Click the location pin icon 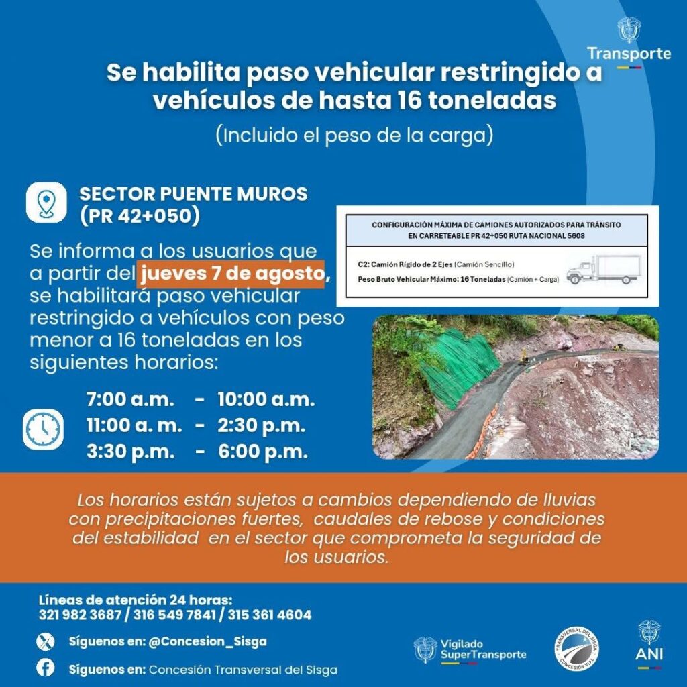[46, 202]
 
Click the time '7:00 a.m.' [130, 399]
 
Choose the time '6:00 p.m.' [263, 452]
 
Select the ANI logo [649, 644]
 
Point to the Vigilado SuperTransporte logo [470, 649]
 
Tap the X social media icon [45, 642]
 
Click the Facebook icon [45, 669]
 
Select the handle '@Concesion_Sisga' [207, 641]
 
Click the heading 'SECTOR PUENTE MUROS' [193, 194]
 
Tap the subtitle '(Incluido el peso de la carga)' [354, 135]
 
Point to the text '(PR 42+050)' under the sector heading [140, 217]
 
